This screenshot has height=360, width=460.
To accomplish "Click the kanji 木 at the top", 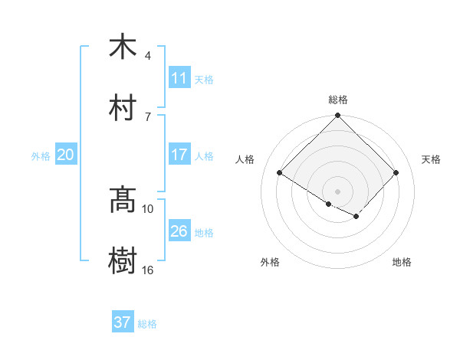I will pyautogui.click(x=123, y=47).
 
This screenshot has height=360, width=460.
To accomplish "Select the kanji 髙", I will pyautogui.click(x=123, y=200).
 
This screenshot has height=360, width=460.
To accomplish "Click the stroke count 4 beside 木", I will pyautogui.click(x=147, y=56).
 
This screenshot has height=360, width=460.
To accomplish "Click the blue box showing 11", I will pyautogui.click(x=179, y=78).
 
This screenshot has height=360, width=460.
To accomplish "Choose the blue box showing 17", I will pyautogui.click(x=179, y=155).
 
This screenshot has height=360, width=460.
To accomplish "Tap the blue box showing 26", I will pyautogui.click(x=179, y=231).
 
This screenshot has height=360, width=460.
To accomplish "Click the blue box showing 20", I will pyautogui.click(x=66, y=155).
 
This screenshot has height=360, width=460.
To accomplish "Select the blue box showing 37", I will pyautogui.click(x=123, y=322).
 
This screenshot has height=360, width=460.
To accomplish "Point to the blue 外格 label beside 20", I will pyautogui.click(x=41, y=155).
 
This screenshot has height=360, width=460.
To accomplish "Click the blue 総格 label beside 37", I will pyautogui.click(x=147, y=324).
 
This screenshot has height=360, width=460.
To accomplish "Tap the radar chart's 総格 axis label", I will pyautogui.click(x=337, y=100).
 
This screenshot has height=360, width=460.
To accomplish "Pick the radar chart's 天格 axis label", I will pyautogui.click(x=431, y=159).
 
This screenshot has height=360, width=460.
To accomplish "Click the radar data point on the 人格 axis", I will pyautogui.click(x=280, y=172).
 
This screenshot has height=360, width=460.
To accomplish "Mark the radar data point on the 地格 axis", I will pyautogui.click(x=356, y=217).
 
